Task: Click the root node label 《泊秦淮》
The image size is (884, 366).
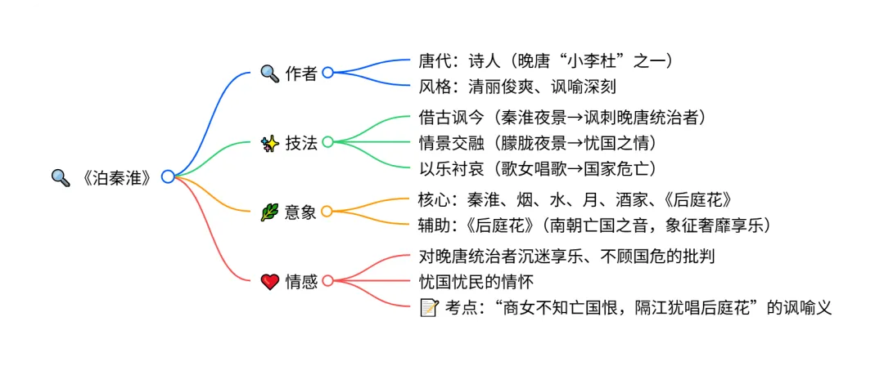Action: pos(116,176)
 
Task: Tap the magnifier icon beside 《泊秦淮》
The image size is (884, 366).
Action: pos(61,176)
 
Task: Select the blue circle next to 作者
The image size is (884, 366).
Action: pos(327,73)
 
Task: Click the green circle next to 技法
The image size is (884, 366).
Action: pos(327,142)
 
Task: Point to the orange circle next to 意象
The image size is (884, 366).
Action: pos(327,212)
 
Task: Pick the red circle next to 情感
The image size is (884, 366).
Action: pos(327,281)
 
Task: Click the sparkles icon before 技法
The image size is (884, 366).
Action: pos(269,142)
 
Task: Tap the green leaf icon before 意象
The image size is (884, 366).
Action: pos(269,212)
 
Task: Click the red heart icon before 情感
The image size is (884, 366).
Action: pos(269,281)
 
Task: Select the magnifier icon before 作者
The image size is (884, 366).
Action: pos(269,73)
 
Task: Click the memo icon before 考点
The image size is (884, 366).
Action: pos(428,308)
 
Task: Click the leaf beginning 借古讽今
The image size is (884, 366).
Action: pos(562,116)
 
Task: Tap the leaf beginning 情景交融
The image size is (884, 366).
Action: pos(537,142)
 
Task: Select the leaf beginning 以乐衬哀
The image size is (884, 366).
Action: pos(537,168)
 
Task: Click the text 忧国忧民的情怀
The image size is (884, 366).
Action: pos(476,282)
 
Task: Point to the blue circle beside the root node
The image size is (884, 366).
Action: pos(168,176)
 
